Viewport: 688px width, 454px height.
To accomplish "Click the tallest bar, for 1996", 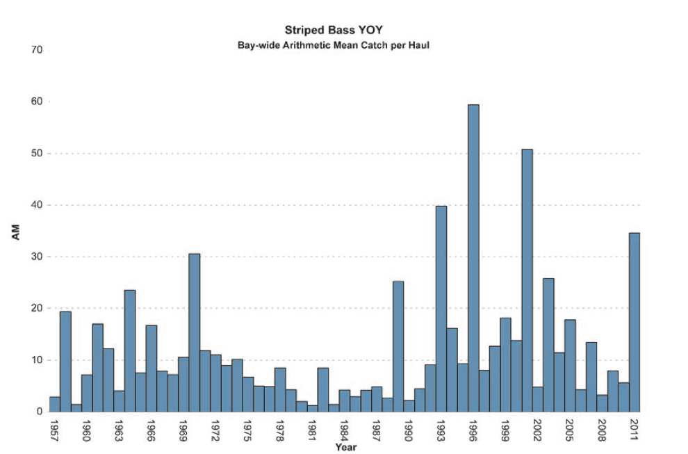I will (473, 258).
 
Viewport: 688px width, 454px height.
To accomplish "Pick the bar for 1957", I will (54, 404).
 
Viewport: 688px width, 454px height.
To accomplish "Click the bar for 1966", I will (151, 368).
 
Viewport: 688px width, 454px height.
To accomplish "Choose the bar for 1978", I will (280, 389).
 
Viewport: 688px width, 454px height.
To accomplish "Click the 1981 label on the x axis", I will (312, 430).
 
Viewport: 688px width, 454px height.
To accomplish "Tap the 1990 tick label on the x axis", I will (409, 430).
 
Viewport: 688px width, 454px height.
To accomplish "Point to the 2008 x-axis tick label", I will (602, 430).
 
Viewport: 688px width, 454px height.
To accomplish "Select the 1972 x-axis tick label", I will (215, 430).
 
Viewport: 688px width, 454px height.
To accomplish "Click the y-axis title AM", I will (16, 233).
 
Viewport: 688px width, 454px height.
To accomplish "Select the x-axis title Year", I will (345, 447).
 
